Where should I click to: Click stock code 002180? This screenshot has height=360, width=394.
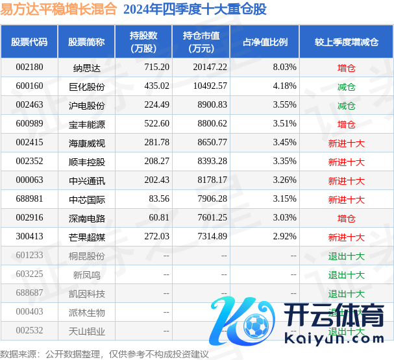pos(29,67)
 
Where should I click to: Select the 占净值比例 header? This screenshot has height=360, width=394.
pos(265,42)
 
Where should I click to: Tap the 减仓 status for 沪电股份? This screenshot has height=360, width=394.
pos(347,105)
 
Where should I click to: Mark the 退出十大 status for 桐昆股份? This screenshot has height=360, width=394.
pos(347,256)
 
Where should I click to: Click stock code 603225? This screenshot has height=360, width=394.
pos(29,275)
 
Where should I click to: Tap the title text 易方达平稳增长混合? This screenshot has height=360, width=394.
pos(59,10)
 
